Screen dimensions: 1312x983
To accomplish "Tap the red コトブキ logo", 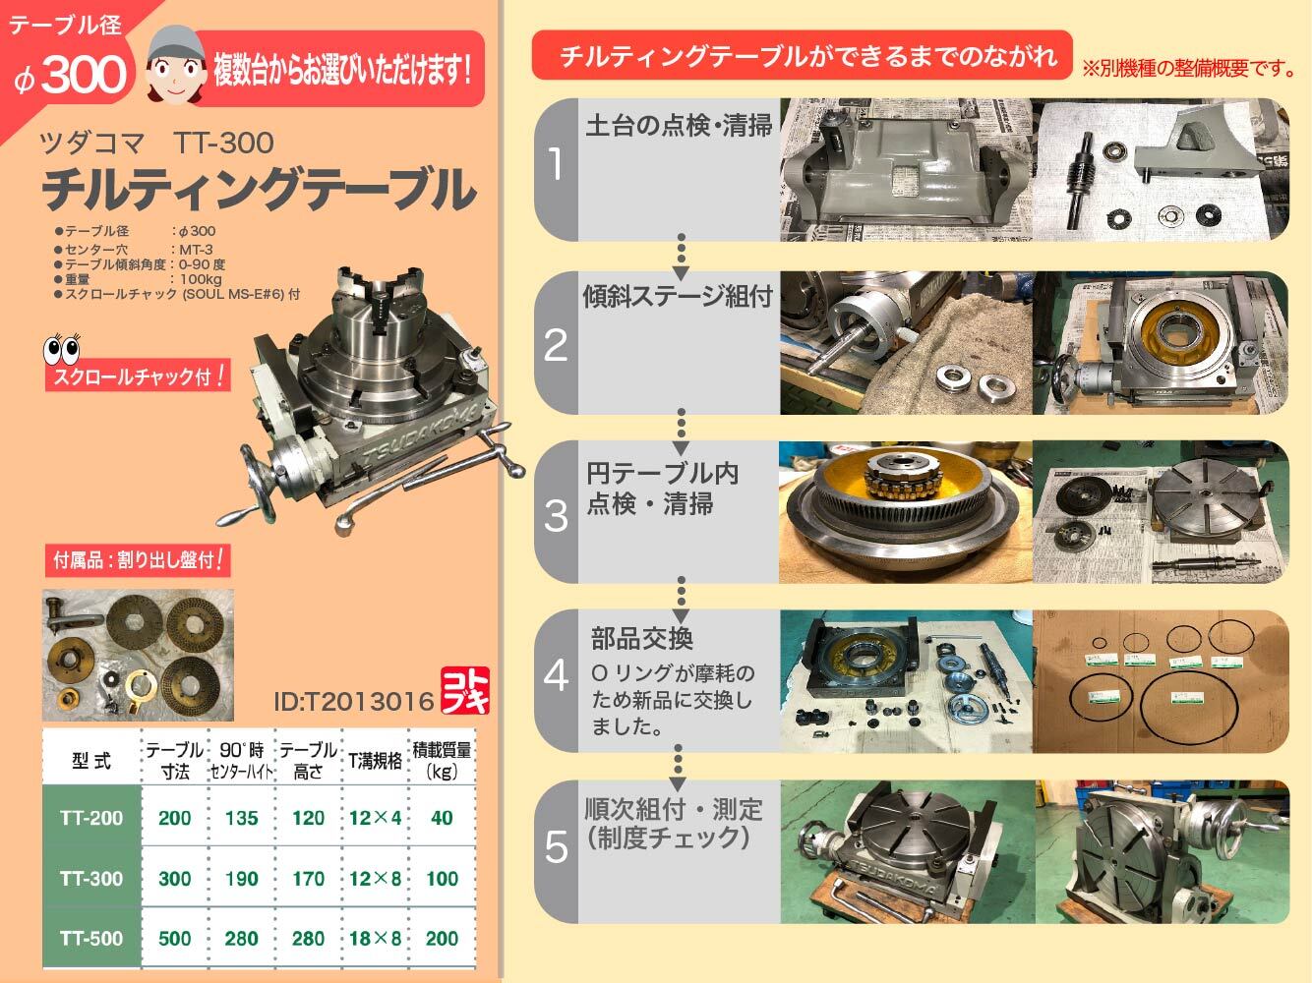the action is tap(465, 690).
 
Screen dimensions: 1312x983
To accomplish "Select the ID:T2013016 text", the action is tap(354, 702).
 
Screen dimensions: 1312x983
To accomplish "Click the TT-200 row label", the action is tap(91, 818).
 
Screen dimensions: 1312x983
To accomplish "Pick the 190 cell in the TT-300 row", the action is tap(242, 879).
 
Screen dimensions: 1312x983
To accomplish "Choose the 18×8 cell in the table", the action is tap(375, 938).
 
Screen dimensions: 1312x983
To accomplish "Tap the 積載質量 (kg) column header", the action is tap(442, 760).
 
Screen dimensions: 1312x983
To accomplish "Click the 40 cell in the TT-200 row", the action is tap(442, 818).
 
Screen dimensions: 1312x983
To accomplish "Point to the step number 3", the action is tap(556, 515).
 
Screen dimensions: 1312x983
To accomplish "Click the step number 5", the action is tap(556, 846).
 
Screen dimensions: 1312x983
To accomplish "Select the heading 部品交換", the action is tap(642, 638).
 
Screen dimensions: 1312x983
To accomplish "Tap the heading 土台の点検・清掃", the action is tap(679, 126).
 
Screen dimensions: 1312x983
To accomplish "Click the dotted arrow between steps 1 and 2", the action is tap(681, 258).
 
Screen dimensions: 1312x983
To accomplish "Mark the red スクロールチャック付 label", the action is tap(138, 376).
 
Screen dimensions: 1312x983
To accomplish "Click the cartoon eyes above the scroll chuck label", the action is tap(62, 348).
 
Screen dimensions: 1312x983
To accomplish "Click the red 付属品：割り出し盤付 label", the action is tap(138, 560).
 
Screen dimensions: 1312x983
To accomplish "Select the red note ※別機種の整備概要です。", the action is tap(1189, 69).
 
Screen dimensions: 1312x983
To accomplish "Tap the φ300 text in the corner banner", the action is tap(71, 76).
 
